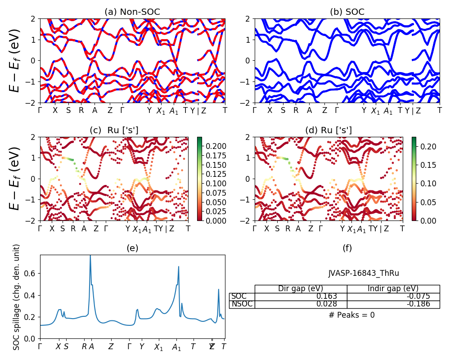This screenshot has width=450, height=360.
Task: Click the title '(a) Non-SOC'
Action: tap(132, 12)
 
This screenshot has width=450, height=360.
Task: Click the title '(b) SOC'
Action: tap(347, 12)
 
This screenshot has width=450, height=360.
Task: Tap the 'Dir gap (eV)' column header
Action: tap(301, 289)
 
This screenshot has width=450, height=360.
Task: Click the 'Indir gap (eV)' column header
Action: tap(393, 289)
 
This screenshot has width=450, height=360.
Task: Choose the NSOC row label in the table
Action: tap(242, 304)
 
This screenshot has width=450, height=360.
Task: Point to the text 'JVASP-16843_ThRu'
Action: tap(364, 273)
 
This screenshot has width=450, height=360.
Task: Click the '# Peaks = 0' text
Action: tap(351, 315)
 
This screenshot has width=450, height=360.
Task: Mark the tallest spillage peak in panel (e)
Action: tap(90, 256)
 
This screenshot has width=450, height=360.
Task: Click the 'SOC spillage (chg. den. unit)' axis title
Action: tap(17, 297)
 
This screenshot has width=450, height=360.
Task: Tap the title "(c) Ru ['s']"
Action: tap(114, 130)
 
